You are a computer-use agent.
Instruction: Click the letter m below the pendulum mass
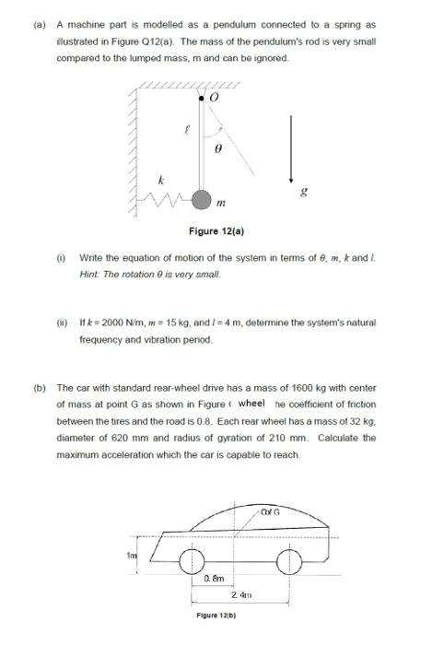220,203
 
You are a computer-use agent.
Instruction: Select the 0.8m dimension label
213,579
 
